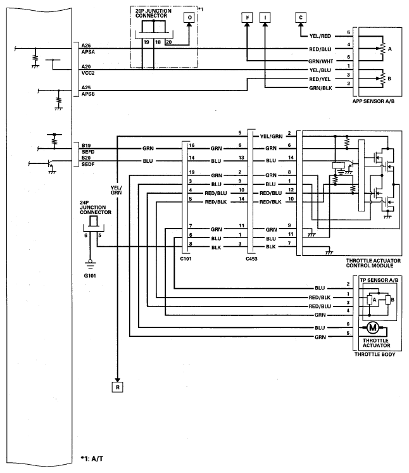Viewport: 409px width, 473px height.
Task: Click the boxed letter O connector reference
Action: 188,18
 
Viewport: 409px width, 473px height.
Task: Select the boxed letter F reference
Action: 248,18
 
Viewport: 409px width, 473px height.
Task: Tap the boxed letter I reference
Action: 265,18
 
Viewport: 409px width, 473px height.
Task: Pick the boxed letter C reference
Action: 301,18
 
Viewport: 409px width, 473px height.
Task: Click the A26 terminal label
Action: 86,45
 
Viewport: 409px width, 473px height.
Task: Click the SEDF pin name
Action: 87,165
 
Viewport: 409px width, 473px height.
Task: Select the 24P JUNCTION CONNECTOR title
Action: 88,207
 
